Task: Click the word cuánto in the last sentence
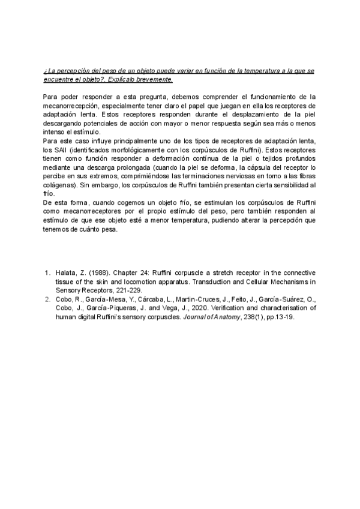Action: click(103, 228)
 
